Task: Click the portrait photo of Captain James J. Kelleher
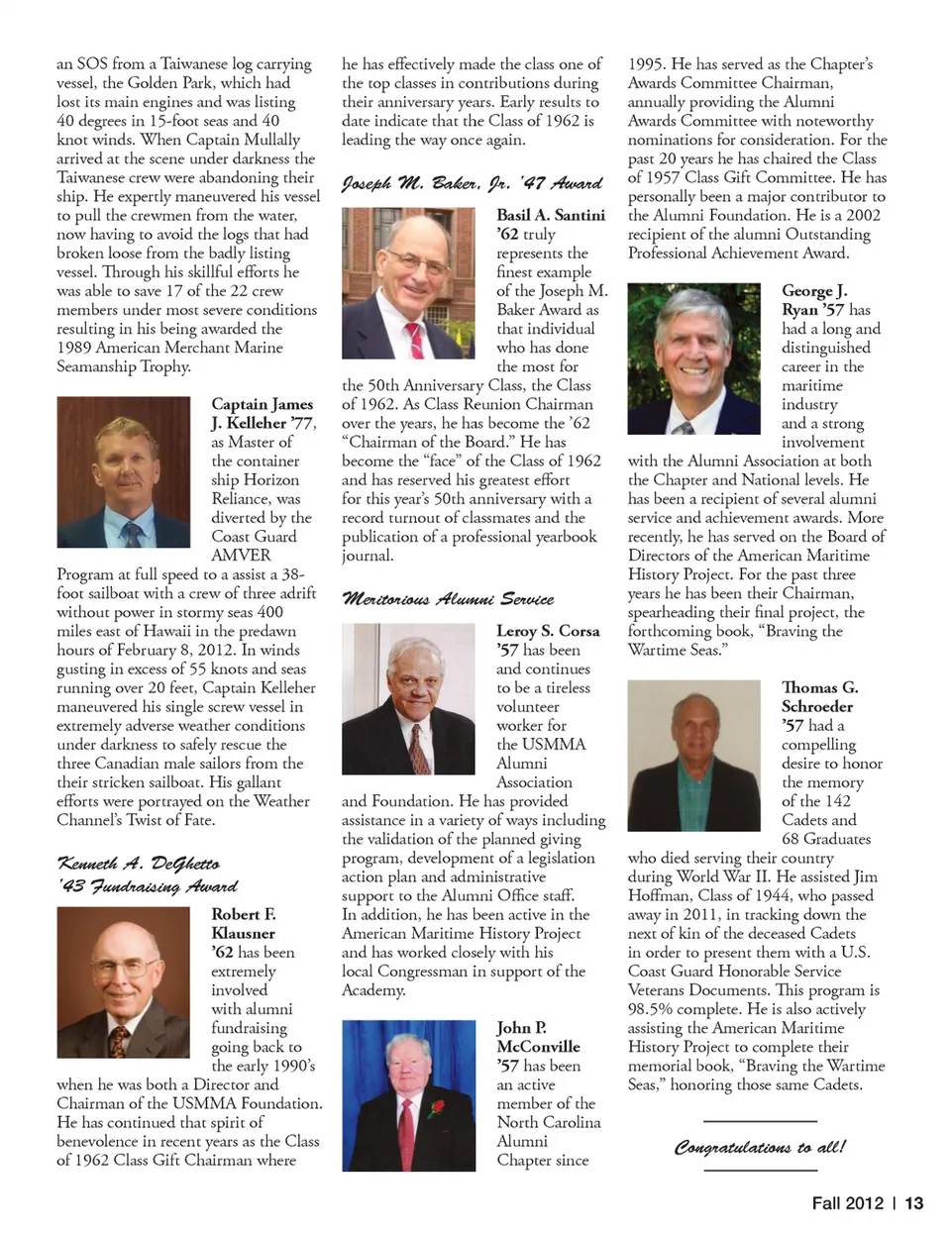(x=124, y=472)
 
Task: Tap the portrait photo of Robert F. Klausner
(x=124, y=982)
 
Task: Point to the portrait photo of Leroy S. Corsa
(x=408, y=699)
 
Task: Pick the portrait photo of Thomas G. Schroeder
(x=693, y=756)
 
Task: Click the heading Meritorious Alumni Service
(x=448, y=599)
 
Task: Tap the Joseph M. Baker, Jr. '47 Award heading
(x=472, y=183)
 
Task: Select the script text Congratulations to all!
(x=760, y=1147)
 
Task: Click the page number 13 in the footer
(x=913, y=1203)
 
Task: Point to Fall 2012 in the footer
(x=847, y=1203)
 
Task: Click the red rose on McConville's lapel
(x=437, y=1106)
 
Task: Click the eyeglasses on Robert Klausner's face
(x=123, y=965)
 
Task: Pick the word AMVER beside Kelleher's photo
(x=241, y=556)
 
